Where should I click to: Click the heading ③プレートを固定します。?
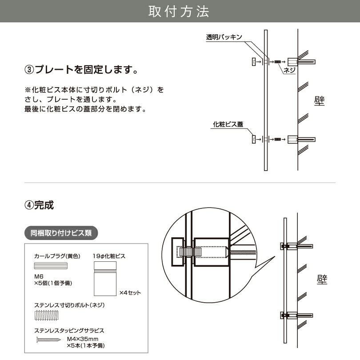click(x=80, y=70)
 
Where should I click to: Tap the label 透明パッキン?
click(x=224, y=37)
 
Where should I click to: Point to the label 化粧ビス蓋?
click(x=228, y=124)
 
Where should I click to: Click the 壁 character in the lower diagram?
click(x=322, y=279)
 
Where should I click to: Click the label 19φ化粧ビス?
click(x=109, y=256)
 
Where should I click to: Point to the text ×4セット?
click(x=130, y=292)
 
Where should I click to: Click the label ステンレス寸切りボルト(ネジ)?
click(x=69, y=305)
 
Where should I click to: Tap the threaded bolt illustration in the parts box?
click(x=46, y=316)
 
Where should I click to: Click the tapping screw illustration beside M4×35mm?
click(x=47, y=340)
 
